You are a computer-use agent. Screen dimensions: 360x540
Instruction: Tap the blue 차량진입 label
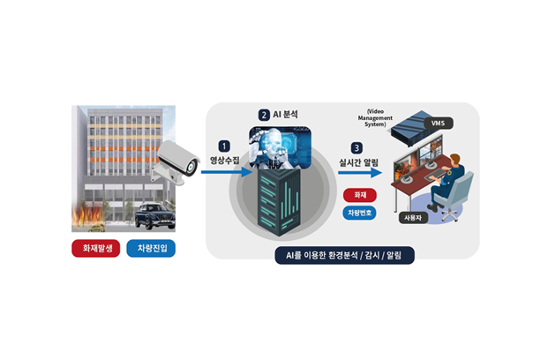pos(152,248)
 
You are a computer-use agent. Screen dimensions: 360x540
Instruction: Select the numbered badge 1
pos(224,145)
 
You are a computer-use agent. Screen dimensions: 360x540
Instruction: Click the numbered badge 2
pos(263,115)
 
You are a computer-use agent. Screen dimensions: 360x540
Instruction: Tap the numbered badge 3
pos(356,148)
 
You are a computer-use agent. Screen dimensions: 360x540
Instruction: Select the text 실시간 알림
pos(356,163)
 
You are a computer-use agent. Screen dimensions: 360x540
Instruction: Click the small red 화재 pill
pos(358,194)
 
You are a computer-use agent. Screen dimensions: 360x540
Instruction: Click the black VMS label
pos(438,124)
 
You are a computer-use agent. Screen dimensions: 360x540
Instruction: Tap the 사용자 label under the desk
pos(412,216)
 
